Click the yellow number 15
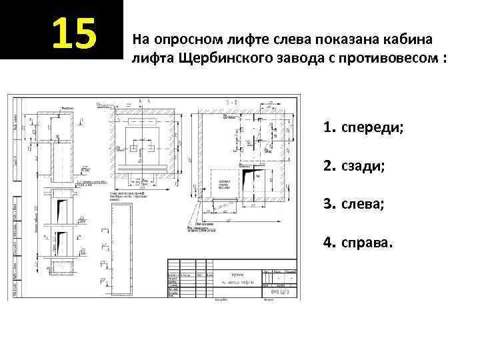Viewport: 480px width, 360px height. (x=74, y=33)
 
